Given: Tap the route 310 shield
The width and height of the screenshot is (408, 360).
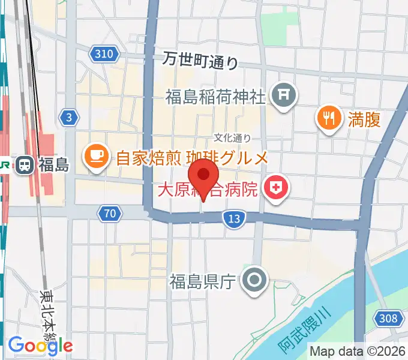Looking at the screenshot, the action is (103, 55).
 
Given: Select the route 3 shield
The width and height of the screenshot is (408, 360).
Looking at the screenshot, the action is (70, 118).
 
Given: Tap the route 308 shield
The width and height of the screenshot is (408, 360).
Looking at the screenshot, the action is (389, 318).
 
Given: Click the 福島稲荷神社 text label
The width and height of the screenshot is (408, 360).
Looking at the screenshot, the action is (216, 95).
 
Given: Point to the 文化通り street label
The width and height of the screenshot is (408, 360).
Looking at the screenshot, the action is (232, 138).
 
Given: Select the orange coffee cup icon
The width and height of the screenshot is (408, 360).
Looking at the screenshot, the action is (95, 157).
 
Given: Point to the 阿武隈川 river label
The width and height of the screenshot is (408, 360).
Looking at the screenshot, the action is (304, 329).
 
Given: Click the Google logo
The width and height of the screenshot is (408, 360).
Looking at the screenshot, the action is (40, 344).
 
